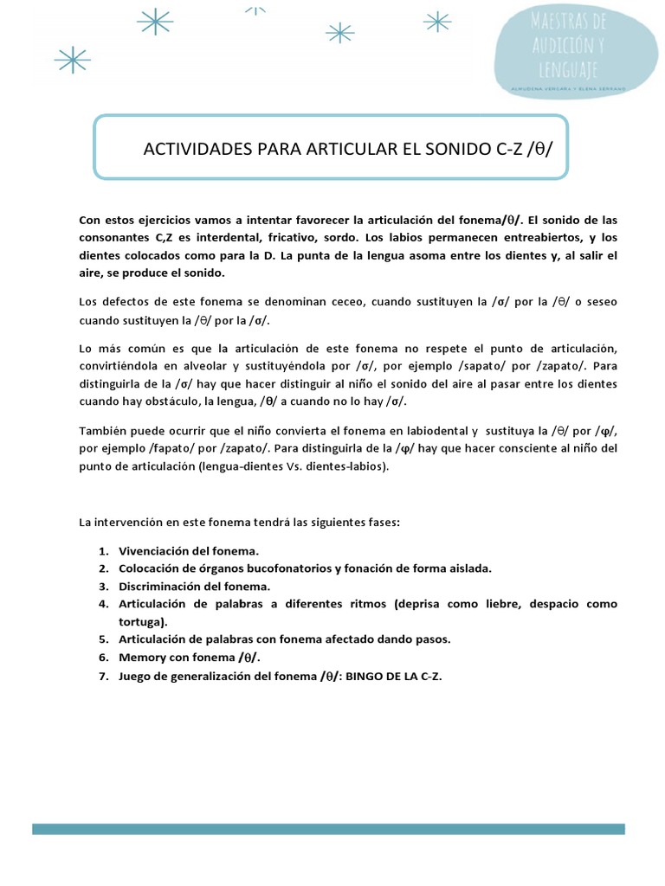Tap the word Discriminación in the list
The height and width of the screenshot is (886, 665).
point(159,586)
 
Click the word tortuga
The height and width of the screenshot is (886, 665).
point(142,621)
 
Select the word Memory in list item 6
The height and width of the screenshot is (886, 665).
point(140,657)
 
